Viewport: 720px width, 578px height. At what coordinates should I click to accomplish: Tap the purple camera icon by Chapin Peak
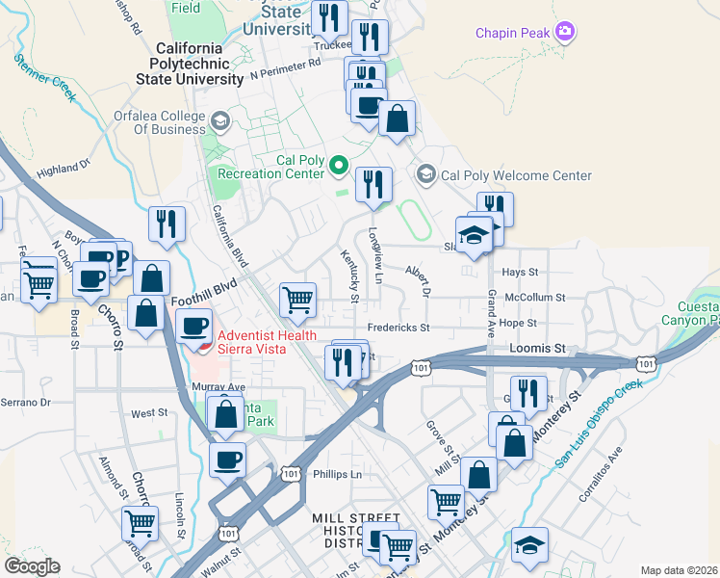566,33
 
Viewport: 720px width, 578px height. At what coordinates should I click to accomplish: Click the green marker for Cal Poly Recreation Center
338,167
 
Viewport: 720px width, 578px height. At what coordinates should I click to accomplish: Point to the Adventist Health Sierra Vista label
252,342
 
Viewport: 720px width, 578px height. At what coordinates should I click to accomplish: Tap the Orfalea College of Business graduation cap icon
220,121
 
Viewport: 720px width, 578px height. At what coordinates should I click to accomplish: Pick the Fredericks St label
398,328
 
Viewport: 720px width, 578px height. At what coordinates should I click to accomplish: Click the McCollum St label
535,299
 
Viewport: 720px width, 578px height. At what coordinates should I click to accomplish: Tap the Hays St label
546,273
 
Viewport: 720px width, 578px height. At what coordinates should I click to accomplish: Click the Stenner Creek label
43,77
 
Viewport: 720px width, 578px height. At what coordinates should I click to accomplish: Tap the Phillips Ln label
337,474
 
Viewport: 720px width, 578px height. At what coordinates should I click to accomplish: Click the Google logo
33,566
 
